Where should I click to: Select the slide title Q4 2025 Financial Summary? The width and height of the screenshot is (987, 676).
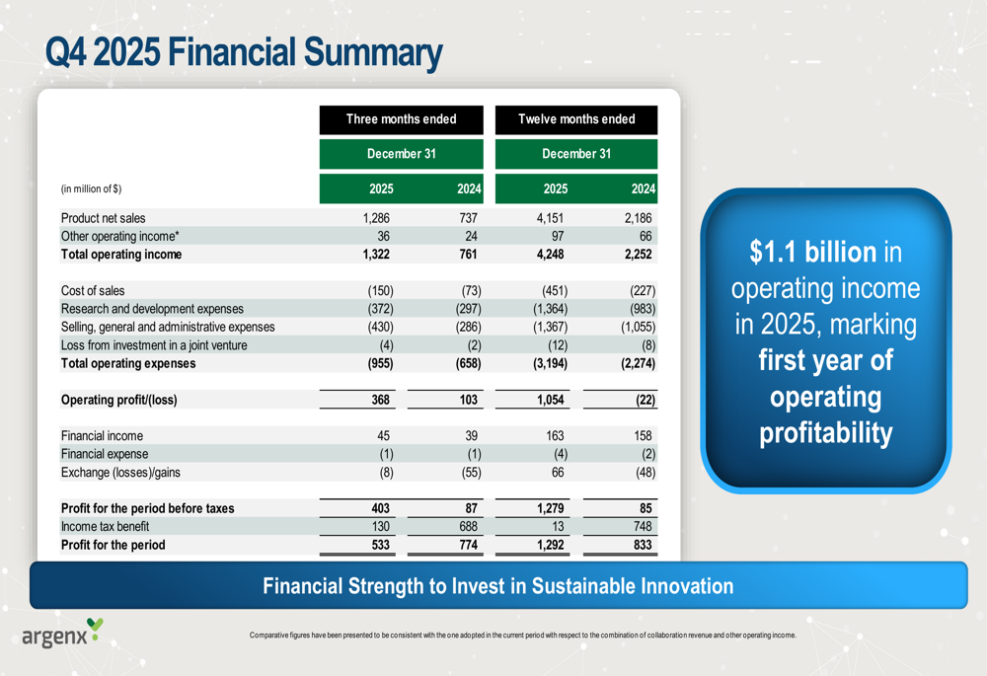244,52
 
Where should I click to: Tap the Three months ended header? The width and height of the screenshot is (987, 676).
401,119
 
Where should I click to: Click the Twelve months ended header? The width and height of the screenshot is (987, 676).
576,119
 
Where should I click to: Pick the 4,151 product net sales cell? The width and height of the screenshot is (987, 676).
550,218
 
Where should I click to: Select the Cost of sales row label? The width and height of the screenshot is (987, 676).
93,291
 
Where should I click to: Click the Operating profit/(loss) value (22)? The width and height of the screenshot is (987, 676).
640,400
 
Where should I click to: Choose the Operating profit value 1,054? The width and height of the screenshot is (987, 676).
548,400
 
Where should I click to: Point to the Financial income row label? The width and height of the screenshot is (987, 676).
102,436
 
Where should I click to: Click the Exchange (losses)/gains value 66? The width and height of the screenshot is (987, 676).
559,472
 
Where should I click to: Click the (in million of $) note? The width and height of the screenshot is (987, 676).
91,188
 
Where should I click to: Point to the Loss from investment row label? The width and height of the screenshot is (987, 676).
154,345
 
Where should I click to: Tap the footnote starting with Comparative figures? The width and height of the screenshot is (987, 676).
522,635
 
